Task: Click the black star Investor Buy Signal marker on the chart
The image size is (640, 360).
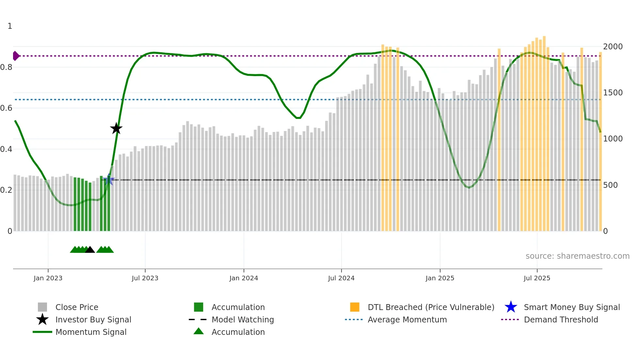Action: tap(116, 128)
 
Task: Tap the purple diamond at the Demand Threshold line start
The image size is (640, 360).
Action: tap(16, 56)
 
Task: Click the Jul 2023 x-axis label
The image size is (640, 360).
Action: tap(145, 278)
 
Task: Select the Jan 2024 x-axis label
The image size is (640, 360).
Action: tap(244, 278)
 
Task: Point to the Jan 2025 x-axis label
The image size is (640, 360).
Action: tap(440, 278)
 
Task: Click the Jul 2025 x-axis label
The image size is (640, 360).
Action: tap(537, 278)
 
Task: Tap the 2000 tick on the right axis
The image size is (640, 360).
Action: tap(613, 47)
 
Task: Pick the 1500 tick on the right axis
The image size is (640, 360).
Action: tap(613, 93)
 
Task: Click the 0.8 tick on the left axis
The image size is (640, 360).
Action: tap(7, 67)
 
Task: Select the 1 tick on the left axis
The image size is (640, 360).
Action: tap(10, 26)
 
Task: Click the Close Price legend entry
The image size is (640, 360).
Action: tap(77, 307)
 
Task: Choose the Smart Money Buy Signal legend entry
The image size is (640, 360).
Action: tap(571, 307)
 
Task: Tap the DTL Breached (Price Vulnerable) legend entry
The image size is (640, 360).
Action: tap(431, 307)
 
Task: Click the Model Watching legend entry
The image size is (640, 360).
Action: tap(243, 319)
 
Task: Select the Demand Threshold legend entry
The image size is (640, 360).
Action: tap(561, 319)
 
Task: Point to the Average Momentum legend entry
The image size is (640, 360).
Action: tap(407, 319)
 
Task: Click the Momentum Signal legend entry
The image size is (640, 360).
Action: tap(91, 332)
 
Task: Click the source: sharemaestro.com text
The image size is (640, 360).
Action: tap(577, 256)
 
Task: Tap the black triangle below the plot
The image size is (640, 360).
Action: tap(90, 250)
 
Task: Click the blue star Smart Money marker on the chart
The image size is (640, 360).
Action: tap(109, 179)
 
